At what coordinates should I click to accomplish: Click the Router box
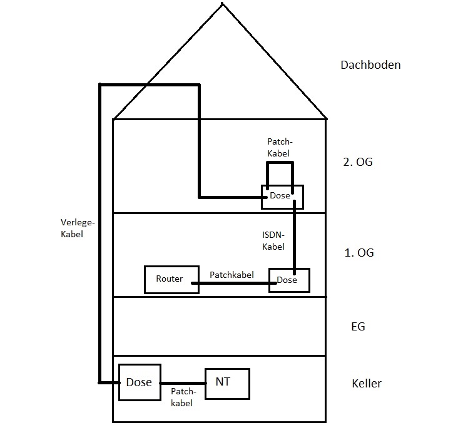point(171,280)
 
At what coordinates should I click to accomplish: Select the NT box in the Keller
point(227,384)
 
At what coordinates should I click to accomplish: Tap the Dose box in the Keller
point(140,382)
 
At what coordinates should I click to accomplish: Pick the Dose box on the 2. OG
point(282,197)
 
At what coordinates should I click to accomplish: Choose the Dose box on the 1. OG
point(289,280)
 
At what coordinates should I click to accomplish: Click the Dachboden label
point(370,65)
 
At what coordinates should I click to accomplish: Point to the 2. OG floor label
point(358,162)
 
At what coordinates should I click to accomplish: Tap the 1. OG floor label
point(359,252)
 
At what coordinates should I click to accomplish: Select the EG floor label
point(358,326)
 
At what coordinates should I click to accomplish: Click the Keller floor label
point(367,383)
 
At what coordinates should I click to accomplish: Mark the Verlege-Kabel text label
point(78,228)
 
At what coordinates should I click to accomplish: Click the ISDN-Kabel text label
point(273,241)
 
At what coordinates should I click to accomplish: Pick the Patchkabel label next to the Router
point(232,275)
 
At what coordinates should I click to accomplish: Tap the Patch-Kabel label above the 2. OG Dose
point(280,147)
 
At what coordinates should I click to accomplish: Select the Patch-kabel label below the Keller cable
point(183,397)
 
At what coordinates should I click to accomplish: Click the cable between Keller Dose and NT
point(183,383)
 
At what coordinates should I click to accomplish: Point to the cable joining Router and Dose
point(234,283)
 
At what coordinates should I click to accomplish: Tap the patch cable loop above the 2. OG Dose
point(280,163)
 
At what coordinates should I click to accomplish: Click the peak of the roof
point(222,3)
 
